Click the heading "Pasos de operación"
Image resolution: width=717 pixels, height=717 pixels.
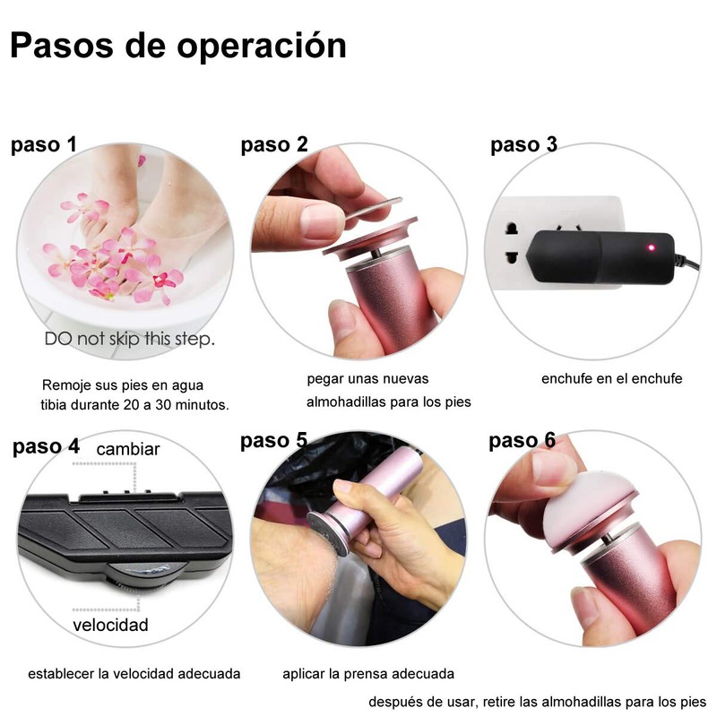point(178,46)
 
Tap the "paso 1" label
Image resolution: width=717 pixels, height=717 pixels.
point(43,145)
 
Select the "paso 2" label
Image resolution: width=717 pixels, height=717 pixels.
point(274,145)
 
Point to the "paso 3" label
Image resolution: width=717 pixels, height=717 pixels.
point(523,145)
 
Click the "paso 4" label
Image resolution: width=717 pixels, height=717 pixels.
point(46,445)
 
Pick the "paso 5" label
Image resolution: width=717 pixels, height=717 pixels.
point(273,440)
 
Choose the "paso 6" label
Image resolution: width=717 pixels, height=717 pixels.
point(522,441)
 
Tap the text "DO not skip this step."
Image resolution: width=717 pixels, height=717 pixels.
point(130,340)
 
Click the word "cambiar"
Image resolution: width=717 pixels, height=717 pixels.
point(128,449)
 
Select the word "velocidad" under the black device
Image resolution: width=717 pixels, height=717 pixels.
point(111,624)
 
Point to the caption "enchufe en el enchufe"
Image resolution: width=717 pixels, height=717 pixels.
point(611,378)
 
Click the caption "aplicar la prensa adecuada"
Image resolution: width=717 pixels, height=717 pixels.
point(368,673)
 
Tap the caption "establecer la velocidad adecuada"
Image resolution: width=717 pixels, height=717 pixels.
point(134,673)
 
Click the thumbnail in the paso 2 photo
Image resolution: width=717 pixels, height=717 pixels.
point(322,220)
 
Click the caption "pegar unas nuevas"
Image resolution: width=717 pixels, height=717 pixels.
point(367,378)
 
